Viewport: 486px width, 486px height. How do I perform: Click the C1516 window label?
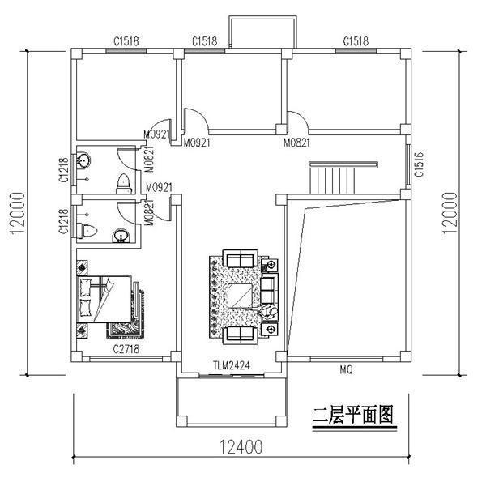419,164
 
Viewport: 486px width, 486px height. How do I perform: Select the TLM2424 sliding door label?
231,365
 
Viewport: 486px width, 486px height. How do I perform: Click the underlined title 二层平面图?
353,416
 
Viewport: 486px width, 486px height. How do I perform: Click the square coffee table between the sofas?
241,296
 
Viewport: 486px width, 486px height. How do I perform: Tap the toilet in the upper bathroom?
123,182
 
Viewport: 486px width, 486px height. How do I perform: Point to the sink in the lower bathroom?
120,236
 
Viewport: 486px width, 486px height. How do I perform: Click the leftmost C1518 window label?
126,40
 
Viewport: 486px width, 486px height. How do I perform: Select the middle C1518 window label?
204,40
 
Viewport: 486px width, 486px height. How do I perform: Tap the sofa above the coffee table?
241,261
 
